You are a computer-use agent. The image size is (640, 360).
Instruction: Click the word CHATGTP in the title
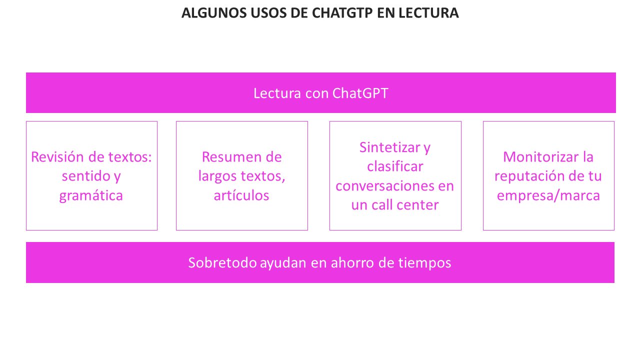click(342, 13)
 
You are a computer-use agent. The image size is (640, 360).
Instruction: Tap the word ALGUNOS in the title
click(214, 13)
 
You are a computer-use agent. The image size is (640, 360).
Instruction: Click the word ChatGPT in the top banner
click(360, 93)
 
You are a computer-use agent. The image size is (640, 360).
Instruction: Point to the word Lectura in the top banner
click(277, 93)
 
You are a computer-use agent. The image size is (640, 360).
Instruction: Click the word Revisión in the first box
click(57, 157)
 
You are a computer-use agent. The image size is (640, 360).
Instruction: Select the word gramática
click(91, 196)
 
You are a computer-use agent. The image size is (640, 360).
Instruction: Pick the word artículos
click(241, 195)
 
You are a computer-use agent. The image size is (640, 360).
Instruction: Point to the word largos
click(217, 176)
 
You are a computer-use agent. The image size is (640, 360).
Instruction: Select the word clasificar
click(395, 166)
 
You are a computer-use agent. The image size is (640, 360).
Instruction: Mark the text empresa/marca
click(548, 196)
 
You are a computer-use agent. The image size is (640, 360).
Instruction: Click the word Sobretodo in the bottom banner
click(222, 262)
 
